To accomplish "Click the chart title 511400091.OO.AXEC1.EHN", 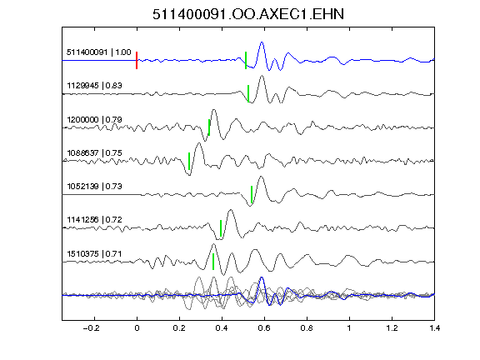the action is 248,14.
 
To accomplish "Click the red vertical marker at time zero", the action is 137,60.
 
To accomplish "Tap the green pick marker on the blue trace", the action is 246,60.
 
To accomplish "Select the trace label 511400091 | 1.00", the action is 99,52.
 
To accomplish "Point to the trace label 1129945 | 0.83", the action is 94,85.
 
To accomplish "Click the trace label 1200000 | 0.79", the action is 94,119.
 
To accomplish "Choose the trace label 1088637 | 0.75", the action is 94,152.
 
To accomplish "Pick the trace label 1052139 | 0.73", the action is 94,186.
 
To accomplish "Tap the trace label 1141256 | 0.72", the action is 94,220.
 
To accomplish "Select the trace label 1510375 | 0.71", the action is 94,254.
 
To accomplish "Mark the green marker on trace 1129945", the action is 248,93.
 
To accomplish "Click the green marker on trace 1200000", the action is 209,127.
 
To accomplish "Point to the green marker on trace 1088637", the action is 189,161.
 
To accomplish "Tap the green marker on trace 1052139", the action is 252,194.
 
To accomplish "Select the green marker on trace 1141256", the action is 221,228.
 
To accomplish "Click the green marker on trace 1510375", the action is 213,262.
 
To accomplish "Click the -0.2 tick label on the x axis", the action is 91,328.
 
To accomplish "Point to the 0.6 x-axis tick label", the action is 264,328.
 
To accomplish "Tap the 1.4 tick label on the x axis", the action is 434,328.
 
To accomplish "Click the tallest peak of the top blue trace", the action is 262,42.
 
